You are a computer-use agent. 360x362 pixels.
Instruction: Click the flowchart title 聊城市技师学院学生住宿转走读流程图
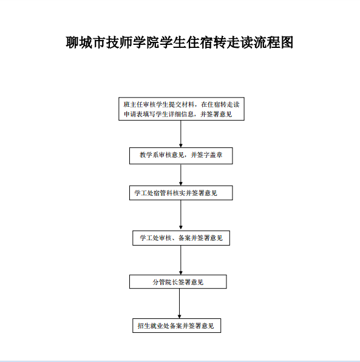pyautogui.click(x=180, y=42)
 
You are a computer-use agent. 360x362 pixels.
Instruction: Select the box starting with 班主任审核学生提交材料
pyautogui.click(x=182, y=109)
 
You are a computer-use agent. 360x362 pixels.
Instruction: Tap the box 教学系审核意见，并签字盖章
pyautogui.click(x=181, y=156)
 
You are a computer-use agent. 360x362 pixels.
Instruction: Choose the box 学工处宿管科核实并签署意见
pyautogui.click(x=181, y=193)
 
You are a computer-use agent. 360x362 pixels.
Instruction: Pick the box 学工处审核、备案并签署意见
pyautogui.click(x=181, y=238)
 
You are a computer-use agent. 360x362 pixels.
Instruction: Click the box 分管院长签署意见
pyautogui.click(x=178, y=282)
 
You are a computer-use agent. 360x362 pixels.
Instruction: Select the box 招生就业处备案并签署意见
pyautogui.click(x=177, y=326)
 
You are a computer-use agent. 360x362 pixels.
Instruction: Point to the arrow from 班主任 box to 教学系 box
pyautogui.click(x=181, y=134)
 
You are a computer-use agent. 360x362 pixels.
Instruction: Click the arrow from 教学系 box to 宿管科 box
pyautogui.click(x=181, y=175)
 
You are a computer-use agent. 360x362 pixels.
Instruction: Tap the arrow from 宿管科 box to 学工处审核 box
pyautogui.click(x=181, y=215)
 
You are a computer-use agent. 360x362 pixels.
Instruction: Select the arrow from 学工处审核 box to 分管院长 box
pyautogui.click(x=181, y=260)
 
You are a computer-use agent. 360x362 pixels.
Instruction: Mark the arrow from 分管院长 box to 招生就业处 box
pyautogui.click(x=180, y=304)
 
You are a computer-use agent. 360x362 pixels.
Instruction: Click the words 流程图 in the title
pyautogui.click(x=274, y=42)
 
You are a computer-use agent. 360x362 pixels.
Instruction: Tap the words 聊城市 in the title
pyautogui.click(x=86, y=42)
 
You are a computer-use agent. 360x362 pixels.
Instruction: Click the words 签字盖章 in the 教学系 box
pyautogui.click(x=209, y=155)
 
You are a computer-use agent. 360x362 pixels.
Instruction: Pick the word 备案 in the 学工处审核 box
pyautogui.click(x=185, y=238)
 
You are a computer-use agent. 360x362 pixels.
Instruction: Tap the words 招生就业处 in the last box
pyautogui.click(x=154, y=326)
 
